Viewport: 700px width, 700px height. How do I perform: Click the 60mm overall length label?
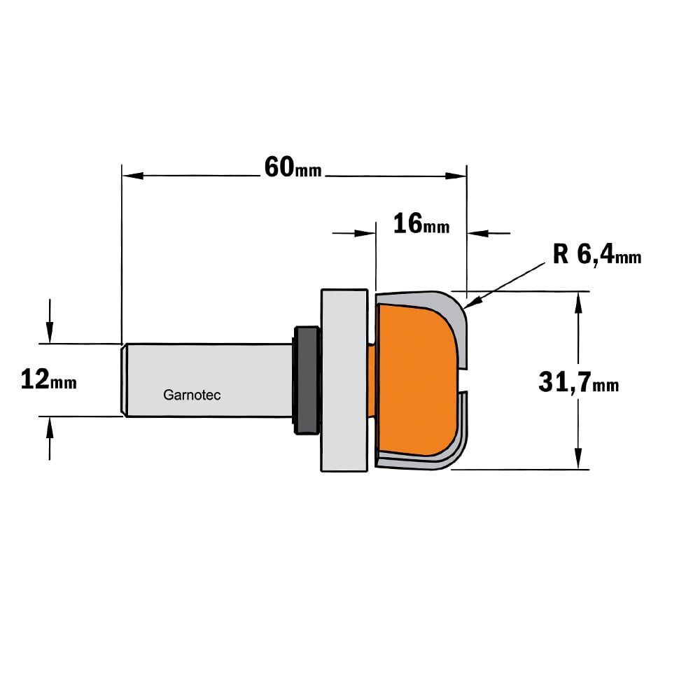pyautogui.click(x=293, y=168)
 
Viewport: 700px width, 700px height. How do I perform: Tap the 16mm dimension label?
pyautogui.click(x=421, y=224)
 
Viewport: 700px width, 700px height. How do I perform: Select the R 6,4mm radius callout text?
pyautogui.click(x=597, y=255)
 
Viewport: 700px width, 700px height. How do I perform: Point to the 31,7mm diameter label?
pyautogui.click(x=579, y=383)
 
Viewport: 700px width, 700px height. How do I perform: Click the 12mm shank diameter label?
pyautogui.click(x=49, y=380)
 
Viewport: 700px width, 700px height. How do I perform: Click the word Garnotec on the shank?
pyautogui.click(x=192, y=395)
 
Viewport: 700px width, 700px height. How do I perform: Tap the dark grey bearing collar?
pyautogui.click(x=306, y=380)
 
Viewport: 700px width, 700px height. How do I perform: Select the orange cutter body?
pyautogui.click(x=415, y=380)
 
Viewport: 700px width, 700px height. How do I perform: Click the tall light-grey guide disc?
pyautogui.click(x=344, y=380)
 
